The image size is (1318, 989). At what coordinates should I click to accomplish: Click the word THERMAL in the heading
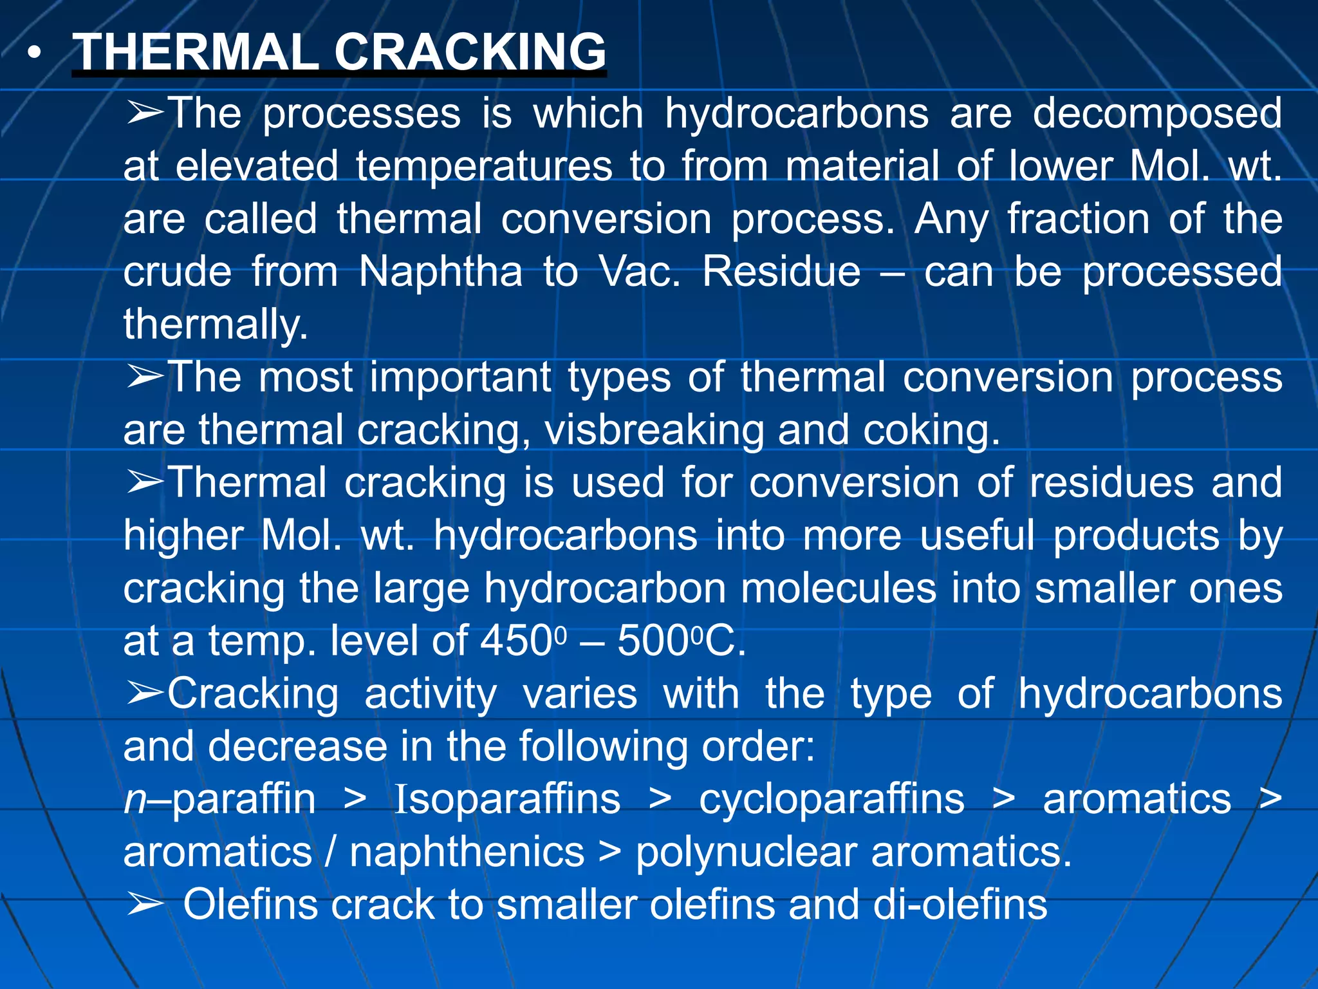coord(196,52)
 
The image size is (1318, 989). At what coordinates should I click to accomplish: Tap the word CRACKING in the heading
coord(470,52)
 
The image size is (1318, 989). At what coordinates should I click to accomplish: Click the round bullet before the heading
coord(35,52)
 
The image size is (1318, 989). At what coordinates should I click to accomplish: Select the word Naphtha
coord(440,272)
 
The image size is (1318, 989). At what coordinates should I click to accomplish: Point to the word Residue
coord(781,272)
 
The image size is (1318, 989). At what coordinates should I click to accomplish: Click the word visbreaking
coord(654,430)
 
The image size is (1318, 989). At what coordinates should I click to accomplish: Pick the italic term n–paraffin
coord(219,800)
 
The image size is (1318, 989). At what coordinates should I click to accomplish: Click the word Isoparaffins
coord(507,800)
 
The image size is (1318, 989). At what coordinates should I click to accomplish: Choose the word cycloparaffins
coord(831,800)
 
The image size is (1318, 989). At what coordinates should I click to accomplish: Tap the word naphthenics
coord(467,852)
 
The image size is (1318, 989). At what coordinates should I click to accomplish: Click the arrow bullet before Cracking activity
coord(145,694)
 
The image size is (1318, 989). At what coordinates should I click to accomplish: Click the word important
coord(460,377)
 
